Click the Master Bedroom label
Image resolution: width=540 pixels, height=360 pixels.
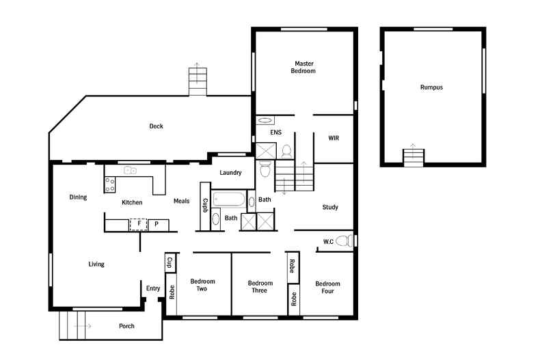(x=303, y=67)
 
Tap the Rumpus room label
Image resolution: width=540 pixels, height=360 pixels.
(x=431, y=87)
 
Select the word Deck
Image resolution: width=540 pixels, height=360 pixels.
(x=157, y=126)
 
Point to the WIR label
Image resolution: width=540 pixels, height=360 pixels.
(x=334, y=138)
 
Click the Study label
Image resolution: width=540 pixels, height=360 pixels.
(x=330, y=207)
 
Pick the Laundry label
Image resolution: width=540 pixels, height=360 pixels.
(x=230, y=173)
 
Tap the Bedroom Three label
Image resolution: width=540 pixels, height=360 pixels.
(x=260, y=287)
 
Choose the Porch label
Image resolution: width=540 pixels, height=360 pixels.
(x=126, y=326)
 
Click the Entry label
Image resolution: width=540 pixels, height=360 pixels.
(x=153, y=288)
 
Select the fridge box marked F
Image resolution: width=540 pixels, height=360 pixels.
(x=139, y=223)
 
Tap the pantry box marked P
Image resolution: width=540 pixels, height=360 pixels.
(x=157, y=223)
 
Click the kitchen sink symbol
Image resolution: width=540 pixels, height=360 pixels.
(x=130, y=170)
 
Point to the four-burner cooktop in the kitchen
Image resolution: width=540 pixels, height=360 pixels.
(x=109, y=183)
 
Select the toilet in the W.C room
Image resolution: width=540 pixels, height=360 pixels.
(x=349, y=240)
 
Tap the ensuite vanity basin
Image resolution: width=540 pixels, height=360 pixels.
(x=265, y=121)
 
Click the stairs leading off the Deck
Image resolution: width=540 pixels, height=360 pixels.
(x=197, y=83)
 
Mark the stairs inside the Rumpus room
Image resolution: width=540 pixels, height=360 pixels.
(x=413, y=156)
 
